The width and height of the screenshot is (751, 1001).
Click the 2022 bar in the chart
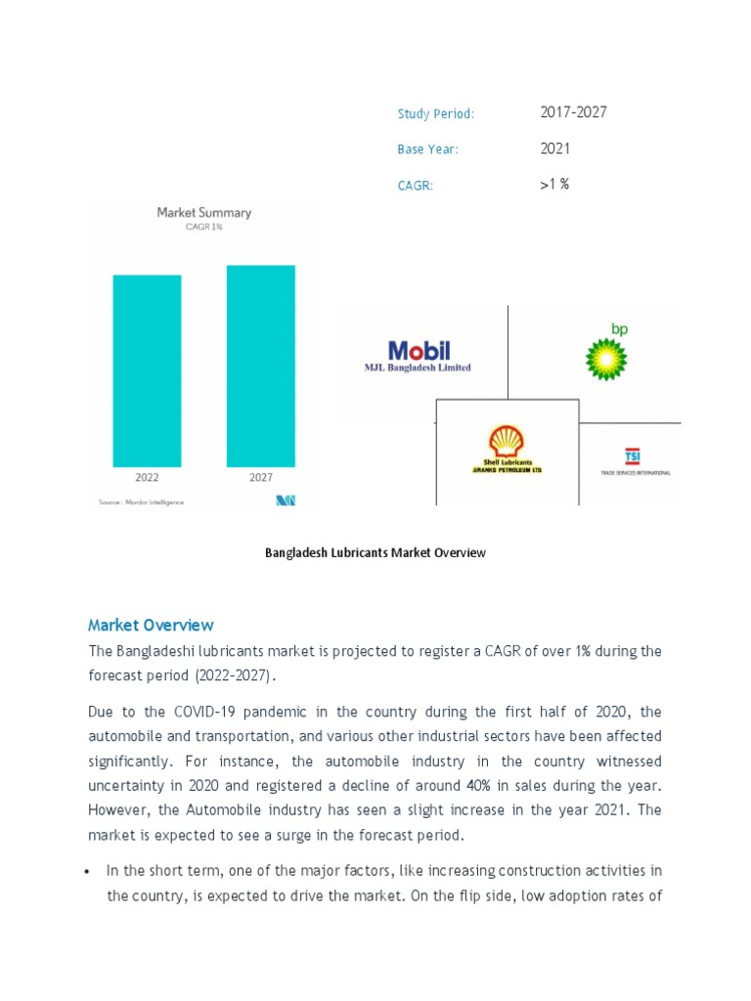click(147, 370)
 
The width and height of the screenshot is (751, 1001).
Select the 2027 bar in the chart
click(260, 366)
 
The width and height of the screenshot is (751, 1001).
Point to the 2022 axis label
click(148, 478)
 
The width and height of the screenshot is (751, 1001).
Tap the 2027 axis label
click(260, 478)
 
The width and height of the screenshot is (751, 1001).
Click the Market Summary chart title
click(203, 212)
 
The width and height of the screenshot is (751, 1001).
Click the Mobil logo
click(419, 351)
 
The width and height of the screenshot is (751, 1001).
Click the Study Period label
click(435, 114)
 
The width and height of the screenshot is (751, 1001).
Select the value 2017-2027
click(573, 112)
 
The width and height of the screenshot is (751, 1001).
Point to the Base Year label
click(427, 150)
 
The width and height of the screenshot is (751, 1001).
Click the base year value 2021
click(554, 149)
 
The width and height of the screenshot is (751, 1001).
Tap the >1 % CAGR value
click(553, 184)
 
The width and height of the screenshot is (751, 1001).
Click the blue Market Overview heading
click(151, 625)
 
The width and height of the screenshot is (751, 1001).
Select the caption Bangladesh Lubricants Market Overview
click(375, 552)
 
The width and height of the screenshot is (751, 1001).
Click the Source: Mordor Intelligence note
click(141, 502)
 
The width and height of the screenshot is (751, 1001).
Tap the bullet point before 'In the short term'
click(89, 871)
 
